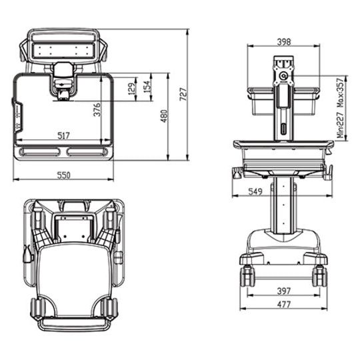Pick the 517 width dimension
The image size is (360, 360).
click(x=63, y=135)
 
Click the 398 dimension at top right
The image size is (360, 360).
click(x=283, y=41)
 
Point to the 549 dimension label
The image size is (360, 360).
click(x=245, y=191)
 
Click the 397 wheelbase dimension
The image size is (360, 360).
click(x=283, y=291)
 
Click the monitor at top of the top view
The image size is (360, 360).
click(x=63, y=47)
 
